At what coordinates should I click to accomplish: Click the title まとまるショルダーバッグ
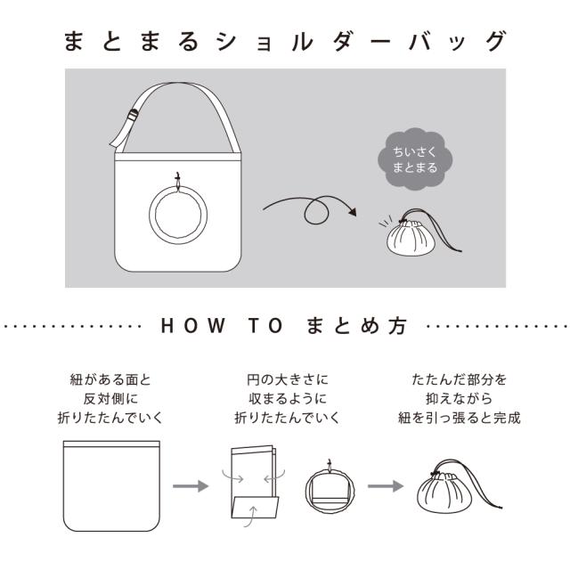pos(285,41)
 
